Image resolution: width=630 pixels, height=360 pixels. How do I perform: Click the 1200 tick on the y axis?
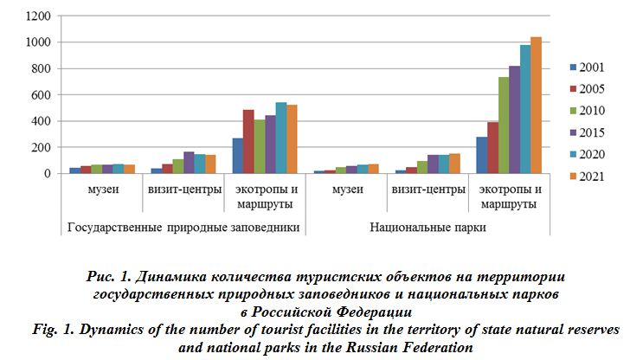38,16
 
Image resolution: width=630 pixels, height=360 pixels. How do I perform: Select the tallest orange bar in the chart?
536,106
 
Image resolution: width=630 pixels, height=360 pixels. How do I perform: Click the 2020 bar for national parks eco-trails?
524,109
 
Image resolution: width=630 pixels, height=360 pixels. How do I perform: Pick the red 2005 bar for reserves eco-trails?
247,142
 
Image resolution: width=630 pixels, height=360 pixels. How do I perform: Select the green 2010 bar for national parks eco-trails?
503,125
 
